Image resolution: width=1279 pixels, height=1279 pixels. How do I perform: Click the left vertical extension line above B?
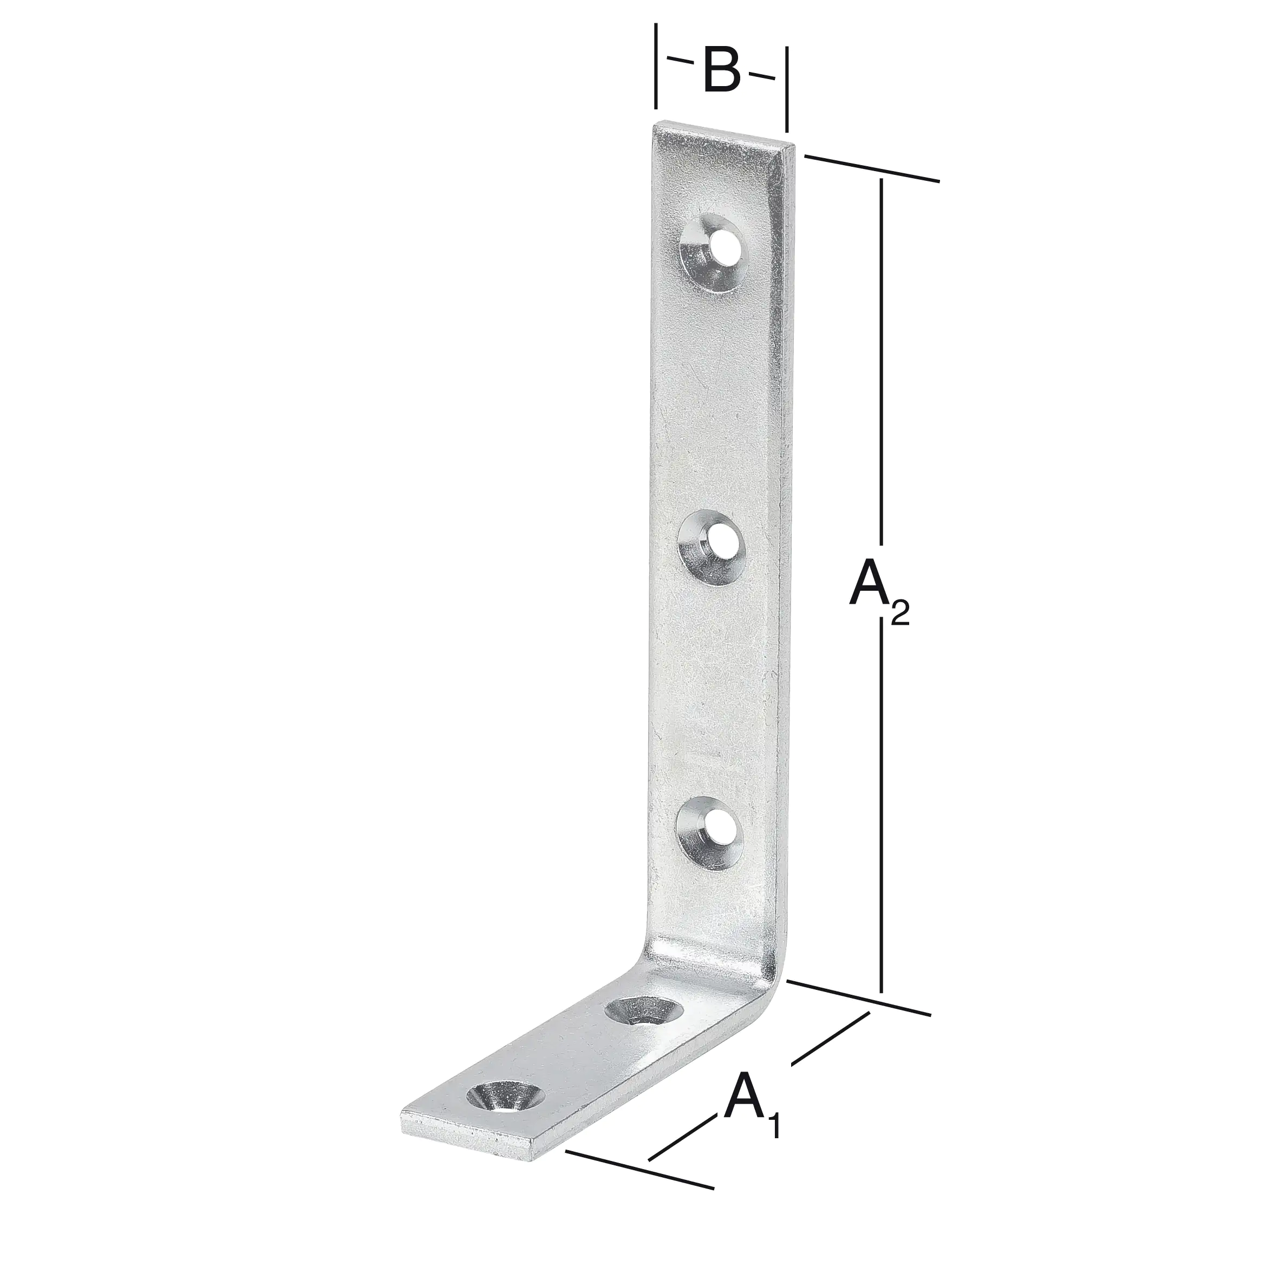(x=655, y=66)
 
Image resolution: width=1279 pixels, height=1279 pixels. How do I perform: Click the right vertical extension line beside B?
(x=786, y=89)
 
